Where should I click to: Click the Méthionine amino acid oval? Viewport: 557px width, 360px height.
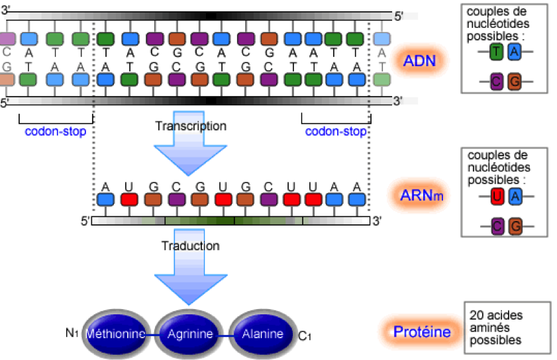tap(116, 334)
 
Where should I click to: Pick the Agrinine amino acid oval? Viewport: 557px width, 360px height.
tap(190, 334)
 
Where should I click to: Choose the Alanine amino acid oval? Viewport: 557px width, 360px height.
tap(262, 334)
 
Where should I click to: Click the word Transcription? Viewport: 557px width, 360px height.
tap(191, 126)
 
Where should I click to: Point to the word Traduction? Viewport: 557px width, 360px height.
tap(191, 246)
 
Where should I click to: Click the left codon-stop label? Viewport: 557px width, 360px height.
tap(56, 131)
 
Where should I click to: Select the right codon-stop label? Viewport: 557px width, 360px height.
tap(336, 131)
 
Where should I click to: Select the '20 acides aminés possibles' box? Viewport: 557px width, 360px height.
tap(507, 328)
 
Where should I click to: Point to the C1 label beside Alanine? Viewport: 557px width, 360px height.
tap(305, 336)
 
